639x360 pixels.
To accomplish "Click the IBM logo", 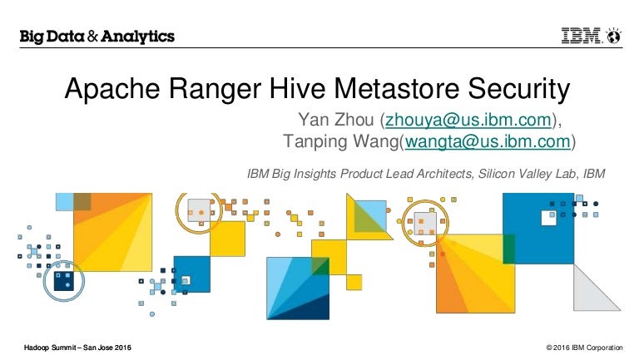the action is (x=582, y=36).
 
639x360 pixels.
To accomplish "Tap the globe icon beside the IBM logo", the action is (x=614, y=36).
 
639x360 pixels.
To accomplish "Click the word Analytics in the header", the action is (x=138, y=37).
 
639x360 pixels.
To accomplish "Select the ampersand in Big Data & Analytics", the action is (x=92, y=37).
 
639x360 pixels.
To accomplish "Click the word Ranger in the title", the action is (x=215, y=89).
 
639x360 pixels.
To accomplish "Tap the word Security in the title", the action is (x=519, y=89).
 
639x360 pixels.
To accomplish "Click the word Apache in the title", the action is (x=112, y=89).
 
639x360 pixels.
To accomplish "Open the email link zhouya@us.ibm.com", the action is (x=468, y=120).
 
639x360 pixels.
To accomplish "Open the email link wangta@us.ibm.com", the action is (x=488, y=141).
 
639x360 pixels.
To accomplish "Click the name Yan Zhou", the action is (x=336, y=120).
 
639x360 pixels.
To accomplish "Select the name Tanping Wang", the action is (x=340, y=141).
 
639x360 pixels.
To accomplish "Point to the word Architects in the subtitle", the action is (x=445, y=174).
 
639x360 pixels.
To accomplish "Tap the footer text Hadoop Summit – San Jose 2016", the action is (x=77, y=348).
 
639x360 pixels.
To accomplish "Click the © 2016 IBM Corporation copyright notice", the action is (x=584, y=348).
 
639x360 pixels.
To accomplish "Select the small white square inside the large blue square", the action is (x=548, y=218).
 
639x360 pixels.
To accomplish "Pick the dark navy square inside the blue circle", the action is (x=64, y=281).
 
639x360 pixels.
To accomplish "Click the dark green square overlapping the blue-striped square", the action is (x=320, y=266).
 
